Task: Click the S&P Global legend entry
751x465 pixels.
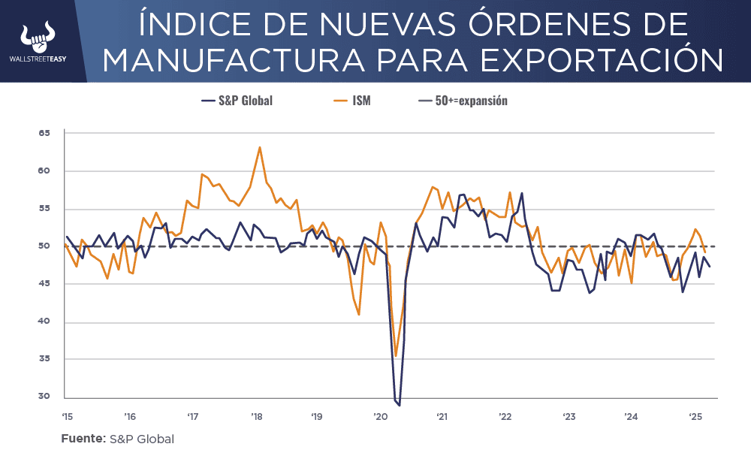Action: pos(237,101)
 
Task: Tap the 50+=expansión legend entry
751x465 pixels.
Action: pos(463,101)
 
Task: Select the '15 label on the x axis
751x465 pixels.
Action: pos(66,416)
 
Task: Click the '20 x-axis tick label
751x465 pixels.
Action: pos(381,416)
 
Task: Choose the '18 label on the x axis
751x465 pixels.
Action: pos(255,416)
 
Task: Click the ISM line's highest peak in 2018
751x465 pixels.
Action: pos(260,147)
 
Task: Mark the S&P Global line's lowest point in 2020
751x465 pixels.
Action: pos(400,406)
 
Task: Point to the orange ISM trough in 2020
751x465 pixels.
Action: pos(396,356)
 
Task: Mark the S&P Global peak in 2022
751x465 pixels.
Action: pos(522,193)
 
